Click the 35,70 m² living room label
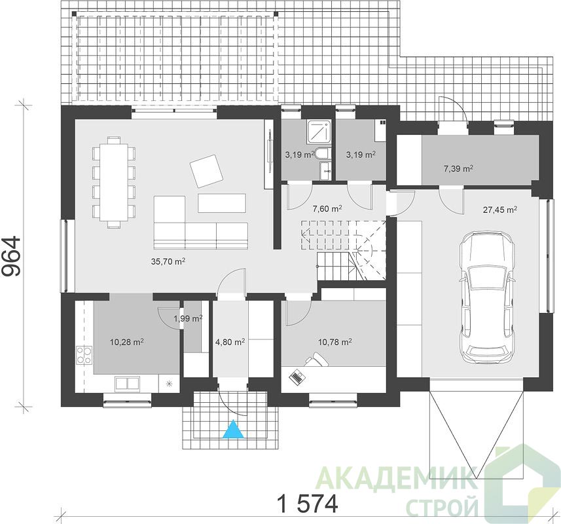pyautogui.click(x=168, y=261)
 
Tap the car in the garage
pyautogui.click(x=488, y=297)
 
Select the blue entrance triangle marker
pyautogui.click(x=233, y=429)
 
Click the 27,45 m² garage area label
pyautogui.click(x=500, y=210)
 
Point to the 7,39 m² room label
pyautogui.click(x=459, y=168)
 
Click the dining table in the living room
pyautogui.click(x=114, y=182)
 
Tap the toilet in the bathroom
pyautogui.click(x=323, y=153)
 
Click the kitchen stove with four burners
pyautogui.click(x=84, y=355)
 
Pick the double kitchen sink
pyautogui.click(x=127, y=383)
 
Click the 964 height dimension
pyautogui.click(x=11, y=256)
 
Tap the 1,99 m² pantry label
pyautogui.click(x=188, y=318)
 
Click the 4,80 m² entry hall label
pyautogui.click(x=230, y=342)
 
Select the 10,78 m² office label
pyautogui.click(x=335, y=342)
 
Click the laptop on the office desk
pyautogui.click(x=297, y=377)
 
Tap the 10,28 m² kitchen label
pyautogui.click(x=126, y=342)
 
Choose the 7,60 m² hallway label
pyautogui.click(x=327, y=209)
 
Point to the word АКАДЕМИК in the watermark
pyautogui.click(x=397, y=478)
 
